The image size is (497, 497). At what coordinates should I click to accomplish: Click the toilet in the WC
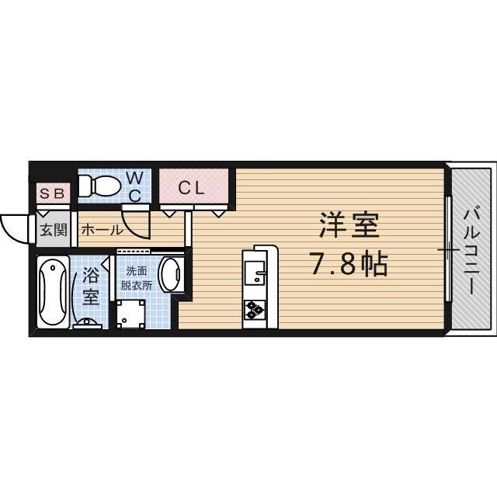click(x=99, y=185)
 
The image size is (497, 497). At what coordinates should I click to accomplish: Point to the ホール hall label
click(x=101, y=230)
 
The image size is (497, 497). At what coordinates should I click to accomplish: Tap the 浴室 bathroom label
click(x=90, y=286)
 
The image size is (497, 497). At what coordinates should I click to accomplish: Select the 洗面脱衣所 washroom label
click(x=137, y=278)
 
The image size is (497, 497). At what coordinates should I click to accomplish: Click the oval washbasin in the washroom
click(x=169, y=276)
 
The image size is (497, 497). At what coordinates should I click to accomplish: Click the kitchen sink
click(x=255, y=273)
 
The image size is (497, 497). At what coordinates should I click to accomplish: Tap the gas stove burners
click(x=255, y=310)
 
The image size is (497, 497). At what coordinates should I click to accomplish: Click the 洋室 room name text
click(x=347, y=228)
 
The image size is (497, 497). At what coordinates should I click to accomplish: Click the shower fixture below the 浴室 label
click(x=87, y=321)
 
